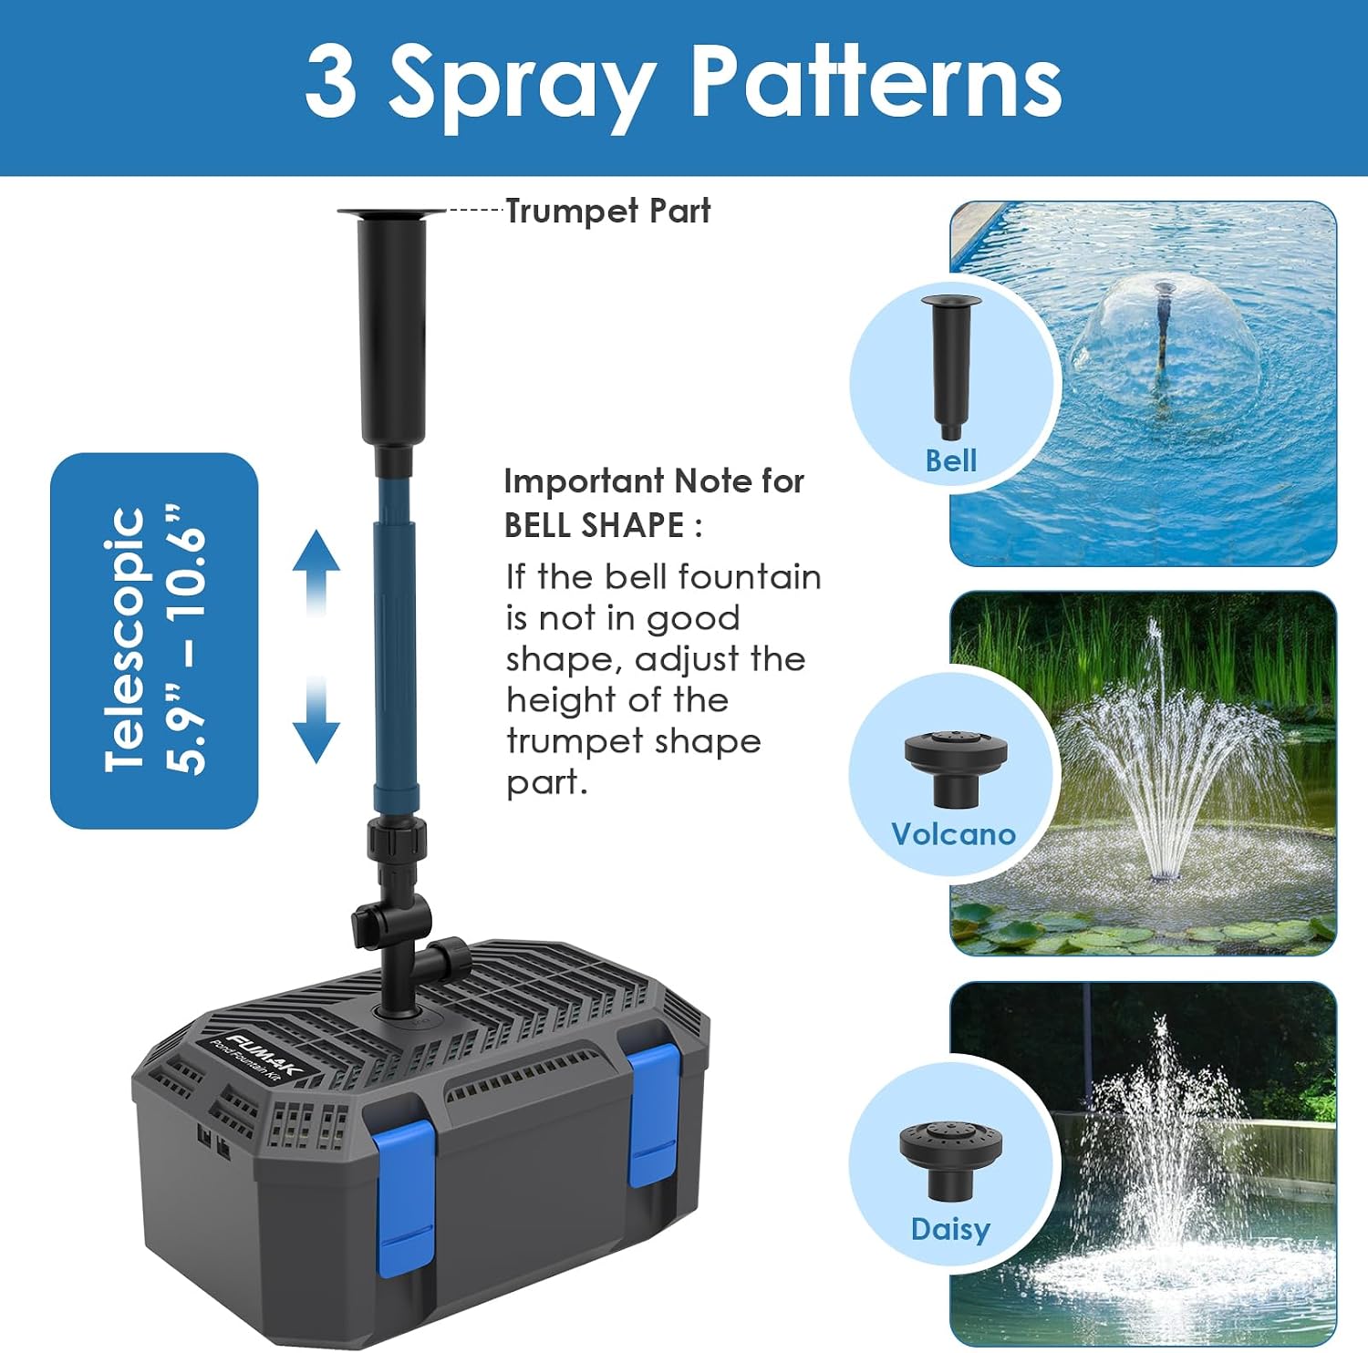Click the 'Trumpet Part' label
point(607,211)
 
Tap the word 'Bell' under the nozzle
point(951,460)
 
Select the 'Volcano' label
point(953,834)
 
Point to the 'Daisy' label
point(950,1229)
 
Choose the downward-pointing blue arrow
point(316,720)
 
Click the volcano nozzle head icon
point(956,769)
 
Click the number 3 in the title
point(330,82)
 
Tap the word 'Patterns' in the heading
point(877,81)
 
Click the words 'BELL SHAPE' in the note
point(594,525)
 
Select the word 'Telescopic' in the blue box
point(125,640)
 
